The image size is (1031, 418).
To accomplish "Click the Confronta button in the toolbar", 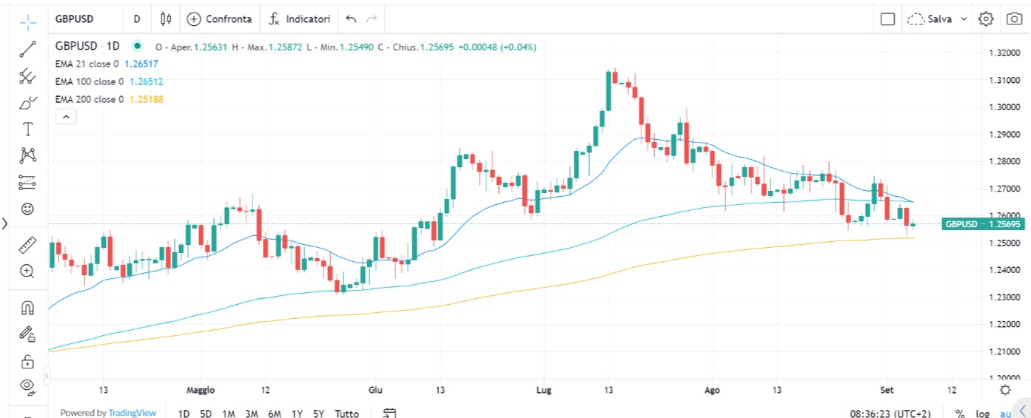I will (x=220, y=18).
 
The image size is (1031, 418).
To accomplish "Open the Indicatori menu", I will (x=300, y=18).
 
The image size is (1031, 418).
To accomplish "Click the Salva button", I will (x=938, y=19).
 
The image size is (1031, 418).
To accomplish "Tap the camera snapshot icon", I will (x=1013, y=19).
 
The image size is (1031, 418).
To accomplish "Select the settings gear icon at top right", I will (x=985, y=19).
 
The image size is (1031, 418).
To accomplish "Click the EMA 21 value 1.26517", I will (x=141, y=64).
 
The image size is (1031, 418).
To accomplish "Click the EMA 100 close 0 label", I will (x=89, y=82).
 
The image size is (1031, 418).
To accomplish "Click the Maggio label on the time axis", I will (x=200, y=390).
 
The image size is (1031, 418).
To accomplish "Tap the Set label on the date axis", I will (x=887, y=390).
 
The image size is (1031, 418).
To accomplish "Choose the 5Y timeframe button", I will (x=318, y=414).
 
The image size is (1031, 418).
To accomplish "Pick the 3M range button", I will (x=251, y=414).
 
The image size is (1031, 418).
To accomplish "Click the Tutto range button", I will (x=346, y=414).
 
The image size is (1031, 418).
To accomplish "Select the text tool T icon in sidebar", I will (x=28, y=129).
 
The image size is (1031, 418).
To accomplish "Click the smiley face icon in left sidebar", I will (x=27, y=209).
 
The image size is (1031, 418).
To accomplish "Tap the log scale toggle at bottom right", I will (x=981, y=414).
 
